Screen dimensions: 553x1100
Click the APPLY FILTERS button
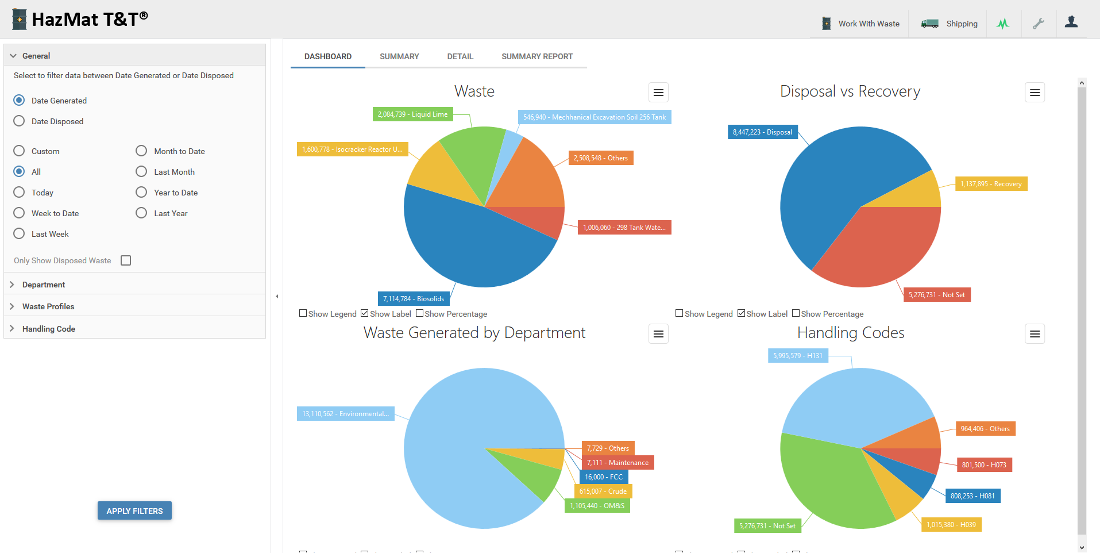click(x=134, y=510)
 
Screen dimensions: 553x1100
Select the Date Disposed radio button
click(x=19, y=121)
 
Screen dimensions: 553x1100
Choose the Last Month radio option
click(x=141, y=172)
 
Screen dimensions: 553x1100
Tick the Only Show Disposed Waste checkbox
click(x=126, y=260)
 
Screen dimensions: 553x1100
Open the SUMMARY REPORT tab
click(x=537, y=56)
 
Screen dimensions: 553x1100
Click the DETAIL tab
click(x=460, y=56)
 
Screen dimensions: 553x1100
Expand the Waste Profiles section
click(x=48, y=306)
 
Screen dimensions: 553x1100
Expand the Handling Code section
click(x=49, y=329)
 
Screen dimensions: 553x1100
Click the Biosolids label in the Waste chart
click(x=414, y=299)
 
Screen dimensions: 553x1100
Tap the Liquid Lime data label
click(x=412, y=114)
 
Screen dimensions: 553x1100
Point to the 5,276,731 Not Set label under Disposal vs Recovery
click(x=936, y=295)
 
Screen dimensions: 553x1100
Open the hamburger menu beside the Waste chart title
click(x=658, y=93)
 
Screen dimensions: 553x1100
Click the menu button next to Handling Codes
click(x=1035, y=334)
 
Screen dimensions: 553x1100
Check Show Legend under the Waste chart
click(x=303, y=314)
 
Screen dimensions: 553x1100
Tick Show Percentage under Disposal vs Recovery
click(x=796, y=314)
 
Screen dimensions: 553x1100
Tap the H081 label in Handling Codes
click(x=972, y=496)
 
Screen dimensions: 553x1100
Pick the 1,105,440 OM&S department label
click(x=597, y=506)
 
